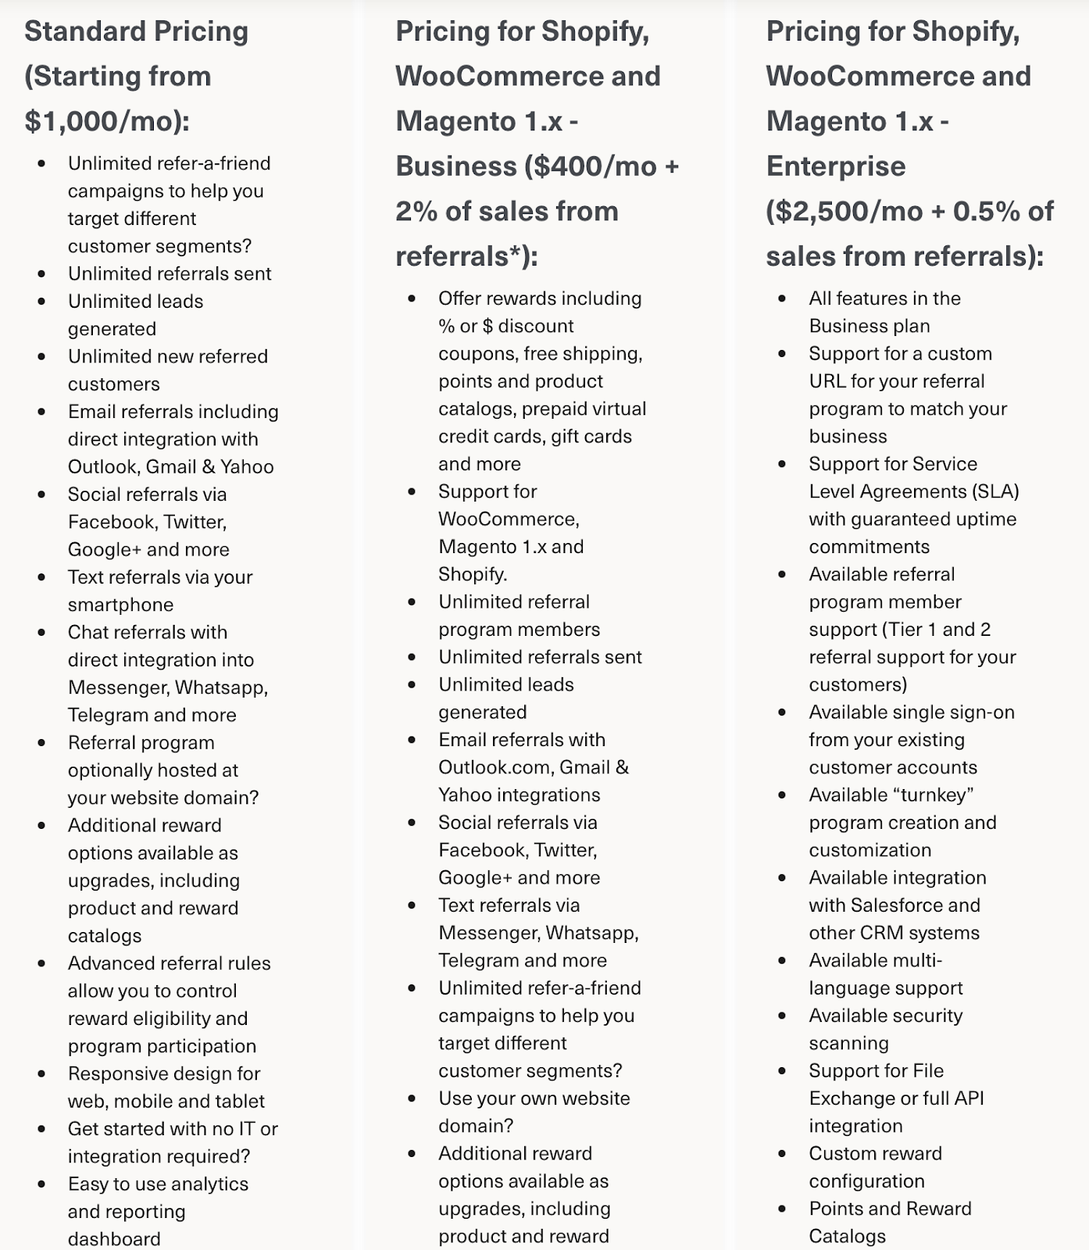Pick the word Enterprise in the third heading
836,166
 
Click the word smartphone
120,605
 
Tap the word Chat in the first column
88,632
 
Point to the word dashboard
114,1238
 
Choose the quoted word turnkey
932,795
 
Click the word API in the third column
969,1098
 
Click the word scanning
848,1044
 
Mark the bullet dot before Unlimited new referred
41,356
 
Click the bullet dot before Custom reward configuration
782,1154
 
